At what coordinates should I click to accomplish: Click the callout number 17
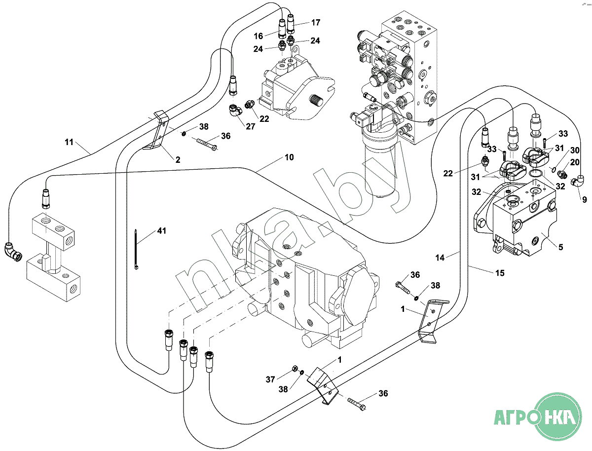click(x=315, y=22)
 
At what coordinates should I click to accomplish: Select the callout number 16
click(x=259, y=36)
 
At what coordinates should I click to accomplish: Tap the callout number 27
click(x=250, y=126)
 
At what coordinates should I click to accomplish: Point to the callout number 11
click(x=69, y=143)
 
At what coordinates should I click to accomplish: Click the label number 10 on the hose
click(x=289, y=157)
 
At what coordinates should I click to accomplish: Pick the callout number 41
click(x=162, y=230)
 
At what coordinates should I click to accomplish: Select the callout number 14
click(x=440, y=257)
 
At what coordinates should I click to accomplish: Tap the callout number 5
click(x=560, y=248)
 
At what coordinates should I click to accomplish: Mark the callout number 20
click(x=575, y=162)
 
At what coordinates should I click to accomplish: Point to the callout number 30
click(x=575, y=150)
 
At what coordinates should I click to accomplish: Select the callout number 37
click(x=270, y=379)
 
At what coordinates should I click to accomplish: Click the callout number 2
click(x=178, y=159)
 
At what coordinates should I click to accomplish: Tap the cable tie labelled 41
click(x=136, y=250)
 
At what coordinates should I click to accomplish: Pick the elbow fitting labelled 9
click(x=576, y=182)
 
